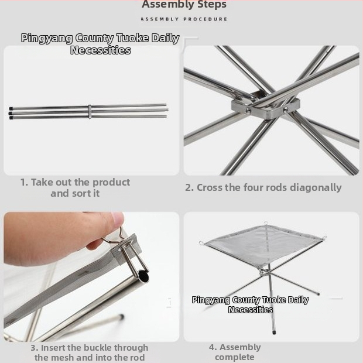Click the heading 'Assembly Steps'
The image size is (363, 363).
pyautogui.click(x=184, y=5)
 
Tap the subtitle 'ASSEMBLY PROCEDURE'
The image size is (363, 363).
pyautogui.click(x=184, y=19)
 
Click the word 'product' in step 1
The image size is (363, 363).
pyautogui.click(x=111, y=183)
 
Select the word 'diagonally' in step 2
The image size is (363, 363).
pyautogui.click(x=316, y=188)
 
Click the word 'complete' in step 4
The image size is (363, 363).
pyautogui.click(x=235, y=357)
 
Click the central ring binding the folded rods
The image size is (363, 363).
pyautogui.click(x=90, y=112)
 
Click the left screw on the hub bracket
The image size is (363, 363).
pyautogui.click(x=248, y=111)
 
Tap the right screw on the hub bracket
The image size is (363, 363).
pyautogui.click(x=286, y=109)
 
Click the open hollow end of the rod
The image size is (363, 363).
pyautogui.click(x=144, y=277)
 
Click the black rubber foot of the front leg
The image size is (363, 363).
pyautogui.click(x=275, y=332)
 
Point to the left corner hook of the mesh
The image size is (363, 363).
pyautogui.click(x=201, y=243)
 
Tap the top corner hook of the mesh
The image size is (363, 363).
pyautogui.click(x=266, y=223)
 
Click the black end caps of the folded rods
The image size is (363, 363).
pyautogui.click(x=11, y=113)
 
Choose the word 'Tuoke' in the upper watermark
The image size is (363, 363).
pyautogui.click(x=133, y=38)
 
